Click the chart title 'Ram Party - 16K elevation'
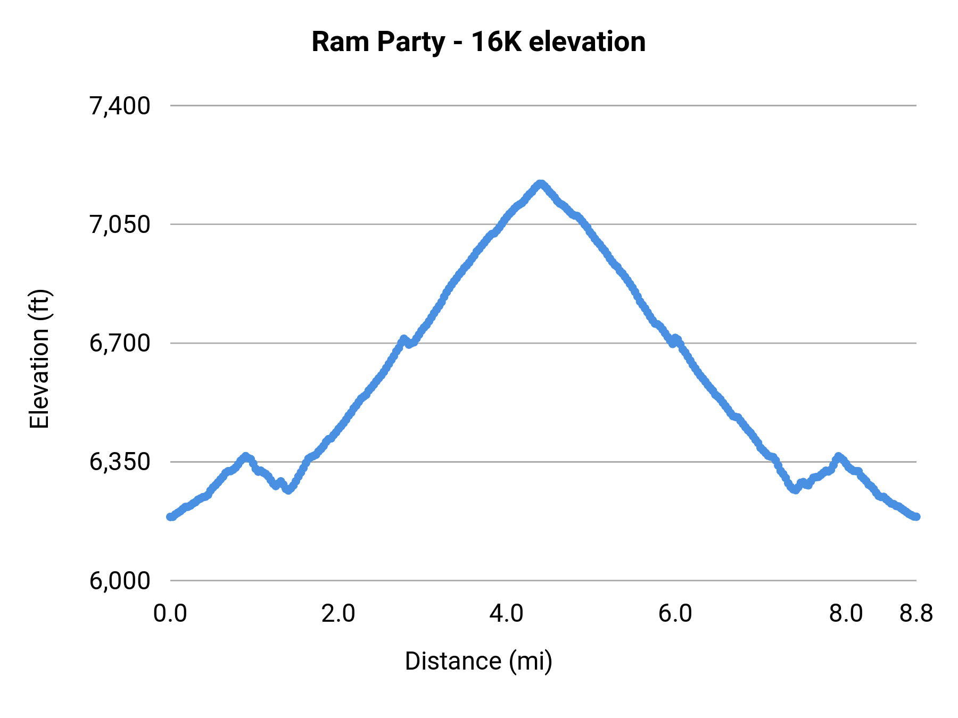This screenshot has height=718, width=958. click(x=478, y=41)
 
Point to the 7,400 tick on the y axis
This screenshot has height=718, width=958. click(x=120, y=106)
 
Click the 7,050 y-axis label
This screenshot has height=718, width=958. click(x=120, y=224)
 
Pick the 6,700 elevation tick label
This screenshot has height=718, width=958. click(x=120, y=343)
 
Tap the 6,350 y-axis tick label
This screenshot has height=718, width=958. click(x=120, y=462)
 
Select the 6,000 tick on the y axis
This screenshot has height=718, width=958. click(x=120, y=580)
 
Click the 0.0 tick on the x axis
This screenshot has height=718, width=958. click(x=170, y=614)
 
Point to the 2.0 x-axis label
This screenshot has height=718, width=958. click(x=338, y=614)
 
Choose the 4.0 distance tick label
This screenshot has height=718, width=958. click(x=507, y=614)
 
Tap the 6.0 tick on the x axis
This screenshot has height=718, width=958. click(x=675, y=614)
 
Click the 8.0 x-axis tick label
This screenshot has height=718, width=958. click(x=846, y=614)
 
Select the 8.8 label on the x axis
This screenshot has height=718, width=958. click(x=916, y=614)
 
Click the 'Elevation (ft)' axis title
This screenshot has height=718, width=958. click(x=39, y=359)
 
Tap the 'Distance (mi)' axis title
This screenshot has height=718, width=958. click(x=478, y=661)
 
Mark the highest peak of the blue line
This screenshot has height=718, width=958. click(x=540, y=184)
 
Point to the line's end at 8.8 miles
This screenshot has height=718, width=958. click(x=916, y=516)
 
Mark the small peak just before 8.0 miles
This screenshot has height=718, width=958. click(x=839, y=456)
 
